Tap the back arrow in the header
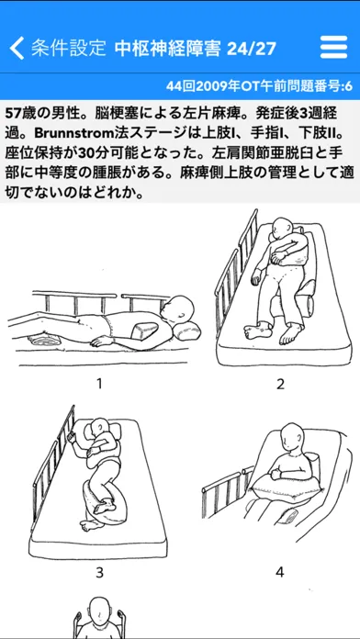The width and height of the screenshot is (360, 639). point(17,49)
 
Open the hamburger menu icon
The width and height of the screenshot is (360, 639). point(334,48)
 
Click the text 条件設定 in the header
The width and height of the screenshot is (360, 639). point(69,49)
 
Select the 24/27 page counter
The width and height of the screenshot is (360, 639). point(252,49)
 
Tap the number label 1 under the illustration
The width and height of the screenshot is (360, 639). point(98,384)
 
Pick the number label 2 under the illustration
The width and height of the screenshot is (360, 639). point(280,384)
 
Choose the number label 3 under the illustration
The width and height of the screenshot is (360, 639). point(99,573)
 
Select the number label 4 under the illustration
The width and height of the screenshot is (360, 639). point(280,572)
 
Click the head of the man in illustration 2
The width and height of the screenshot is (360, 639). point(282,228)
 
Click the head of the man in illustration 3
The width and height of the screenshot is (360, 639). point(99,429)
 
